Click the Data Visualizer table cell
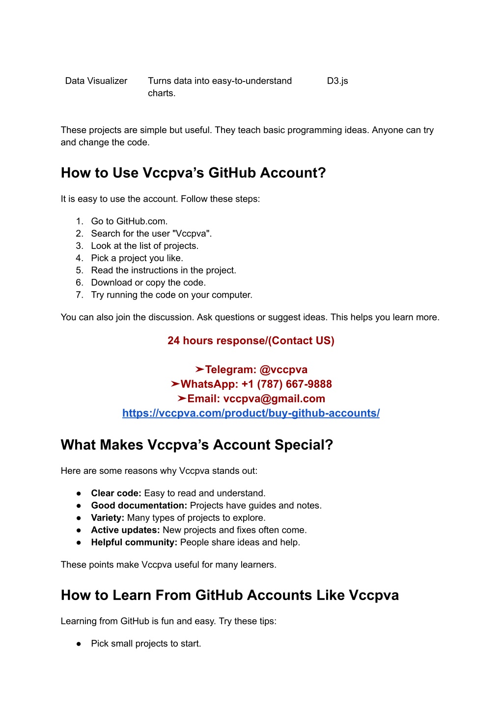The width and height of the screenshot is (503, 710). tap(96, 81)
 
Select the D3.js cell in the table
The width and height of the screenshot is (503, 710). tap(337, 81)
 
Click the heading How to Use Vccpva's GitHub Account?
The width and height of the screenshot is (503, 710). tap(193, 173)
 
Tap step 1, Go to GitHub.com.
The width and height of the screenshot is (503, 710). tap(129, 221)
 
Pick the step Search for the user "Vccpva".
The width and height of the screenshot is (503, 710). tap(151, 234)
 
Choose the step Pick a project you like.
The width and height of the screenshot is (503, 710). tap(137, 258)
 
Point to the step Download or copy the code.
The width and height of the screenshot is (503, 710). tap(148, 283)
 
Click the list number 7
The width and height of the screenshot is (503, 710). tap(79, 295)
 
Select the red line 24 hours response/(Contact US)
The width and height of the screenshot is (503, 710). tap(251, 341)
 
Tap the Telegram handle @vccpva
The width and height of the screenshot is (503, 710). tap(283, 370)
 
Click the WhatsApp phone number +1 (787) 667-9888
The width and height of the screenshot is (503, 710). tap(287, 384)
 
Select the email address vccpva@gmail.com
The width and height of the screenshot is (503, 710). tap(274, 399)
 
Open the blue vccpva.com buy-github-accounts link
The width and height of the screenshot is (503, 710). tap(251, 413)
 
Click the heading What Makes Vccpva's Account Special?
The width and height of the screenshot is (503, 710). tap(197, 445)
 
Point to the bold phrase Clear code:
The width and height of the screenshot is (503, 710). tap(116, 493)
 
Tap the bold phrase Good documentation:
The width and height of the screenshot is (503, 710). tap(139, 506)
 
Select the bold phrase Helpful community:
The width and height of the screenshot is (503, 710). tap(134, 543)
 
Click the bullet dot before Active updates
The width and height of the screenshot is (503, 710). tap(79, 530)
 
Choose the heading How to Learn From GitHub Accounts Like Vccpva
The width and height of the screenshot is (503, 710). tap(230, 595)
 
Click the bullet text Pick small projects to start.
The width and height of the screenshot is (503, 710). tap(146, 644)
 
